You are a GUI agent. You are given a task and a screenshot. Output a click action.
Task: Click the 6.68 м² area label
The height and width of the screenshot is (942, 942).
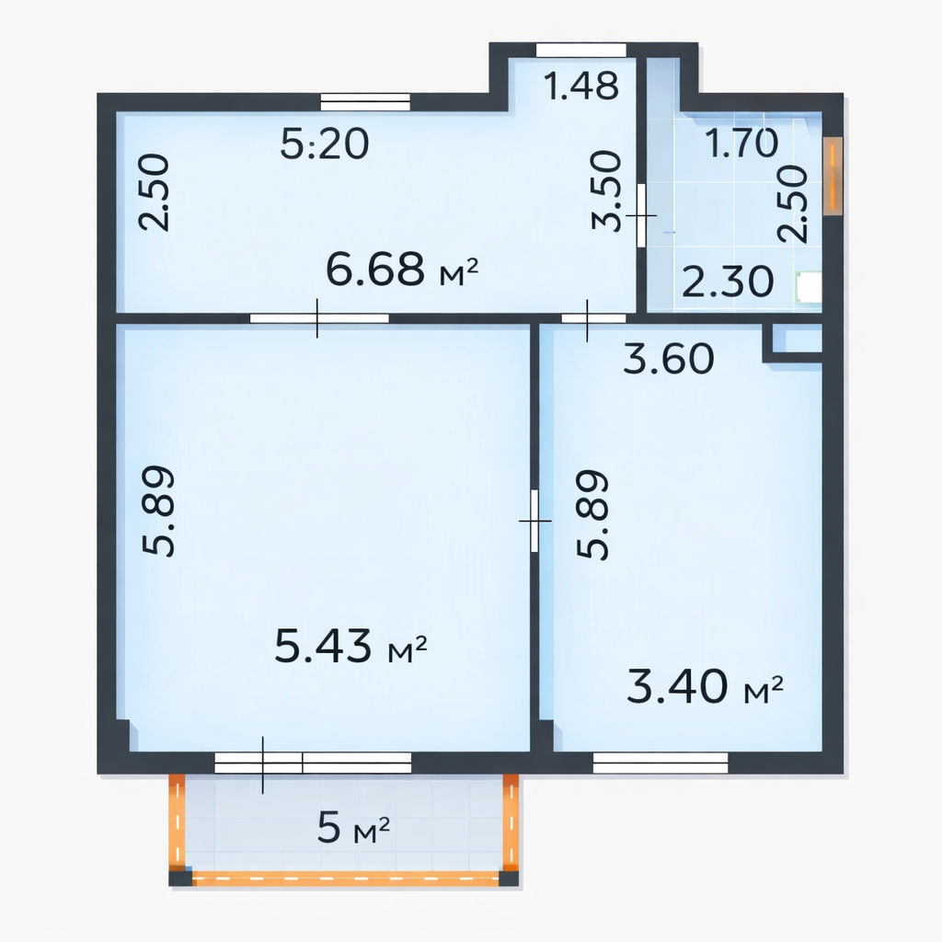click(402, 270)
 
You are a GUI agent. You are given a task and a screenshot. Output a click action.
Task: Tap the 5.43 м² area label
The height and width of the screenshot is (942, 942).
click(350, 646)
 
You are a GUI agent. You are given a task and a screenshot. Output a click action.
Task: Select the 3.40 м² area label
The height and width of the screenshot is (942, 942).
click(705, 686)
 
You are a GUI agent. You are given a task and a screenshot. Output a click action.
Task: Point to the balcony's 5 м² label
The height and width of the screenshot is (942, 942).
click(353, 827)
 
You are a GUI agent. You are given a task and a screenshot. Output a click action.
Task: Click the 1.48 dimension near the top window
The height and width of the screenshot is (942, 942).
click(581, 86)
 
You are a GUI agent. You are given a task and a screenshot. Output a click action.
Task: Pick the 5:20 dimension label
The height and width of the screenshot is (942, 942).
click(325, 144)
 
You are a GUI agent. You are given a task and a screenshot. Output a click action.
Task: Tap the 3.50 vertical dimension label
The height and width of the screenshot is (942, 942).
click(606, 190)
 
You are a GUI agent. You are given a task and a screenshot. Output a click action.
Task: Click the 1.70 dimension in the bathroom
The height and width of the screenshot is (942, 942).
click(741, 144)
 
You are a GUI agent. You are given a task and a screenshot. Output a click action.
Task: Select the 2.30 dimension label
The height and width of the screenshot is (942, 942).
click(728, 281)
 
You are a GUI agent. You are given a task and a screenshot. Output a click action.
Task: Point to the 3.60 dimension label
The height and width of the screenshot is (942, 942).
click(669, 359)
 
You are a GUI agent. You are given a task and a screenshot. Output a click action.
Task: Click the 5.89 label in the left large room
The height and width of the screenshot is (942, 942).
click(158, 511)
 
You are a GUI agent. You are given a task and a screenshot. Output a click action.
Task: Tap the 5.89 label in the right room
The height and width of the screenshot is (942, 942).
click(593, 514)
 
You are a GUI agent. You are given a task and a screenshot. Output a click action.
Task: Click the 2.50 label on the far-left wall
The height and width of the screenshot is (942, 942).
click(155, 192)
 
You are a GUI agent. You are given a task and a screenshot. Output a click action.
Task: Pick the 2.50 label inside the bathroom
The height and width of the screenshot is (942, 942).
click(792, 203)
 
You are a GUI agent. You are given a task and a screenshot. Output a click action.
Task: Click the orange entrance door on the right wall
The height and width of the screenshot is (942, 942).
click(833, 176)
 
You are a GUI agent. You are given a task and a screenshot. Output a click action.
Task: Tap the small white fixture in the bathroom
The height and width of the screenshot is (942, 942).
click(809, 287)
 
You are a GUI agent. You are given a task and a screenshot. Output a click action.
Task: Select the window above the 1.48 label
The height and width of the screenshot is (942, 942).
click(581, 51)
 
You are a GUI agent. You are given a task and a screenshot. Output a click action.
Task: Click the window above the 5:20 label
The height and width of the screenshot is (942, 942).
click(365, 102)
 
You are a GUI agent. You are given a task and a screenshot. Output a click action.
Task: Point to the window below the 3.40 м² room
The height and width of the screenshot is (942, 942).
click(661, 763)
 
